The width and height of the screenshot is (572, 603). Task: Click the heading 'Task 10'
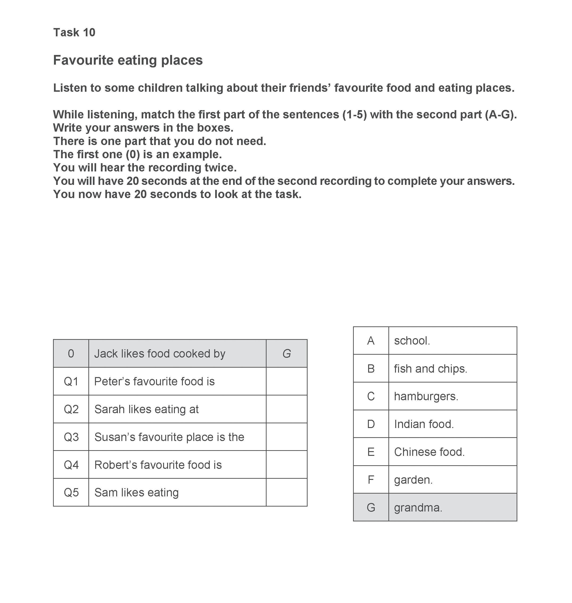(74, 32)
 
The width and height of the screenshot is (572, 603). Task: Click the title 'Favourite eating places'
(128, 60)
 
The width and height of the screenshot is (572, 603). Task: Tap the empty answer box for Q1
(286, 381)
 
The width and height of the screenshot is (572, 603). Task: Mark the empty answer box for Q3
(286, 437)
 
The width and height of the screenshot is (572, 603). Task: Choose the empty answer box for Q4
(286, 465)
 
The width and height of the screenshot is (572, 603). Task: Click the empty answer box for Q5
(286, 492)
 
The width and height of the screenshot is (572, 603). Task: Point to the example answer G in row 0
(286, 353)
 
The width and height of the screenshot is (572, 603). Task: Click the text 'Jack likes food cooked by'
(160, 353)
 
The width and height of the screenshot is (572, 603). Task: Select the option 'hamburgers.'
(426, 396)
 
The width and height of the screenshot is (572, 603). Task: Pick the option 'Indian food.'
(424, 424)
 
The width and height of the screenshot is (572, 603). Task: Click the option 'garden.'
(413, 480)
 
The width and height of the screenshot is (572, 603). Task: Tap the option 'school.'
(412, 341)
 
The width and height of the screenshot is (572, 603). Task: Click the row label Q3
(71, 437)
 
